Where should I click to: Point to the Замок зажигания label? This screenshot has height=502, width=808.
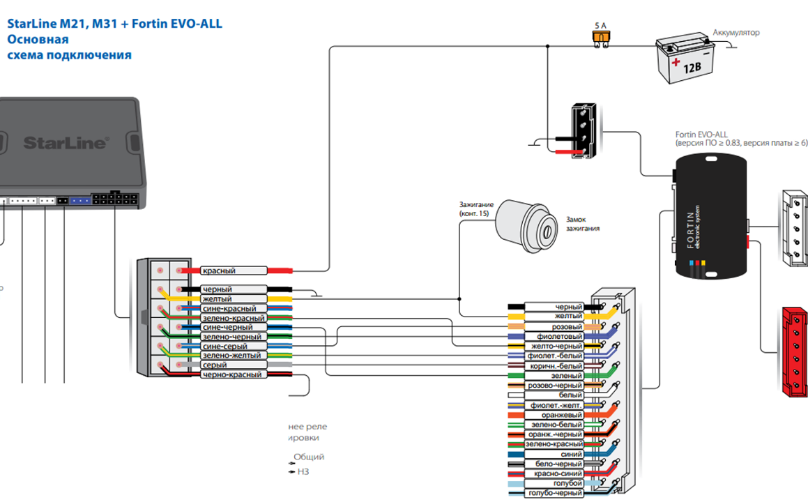pos(583,223)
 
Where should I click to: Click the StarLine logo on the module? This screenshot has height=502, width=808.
pos(66,143)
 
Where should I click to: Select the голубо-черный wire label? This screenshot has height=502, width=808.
pos(554,493)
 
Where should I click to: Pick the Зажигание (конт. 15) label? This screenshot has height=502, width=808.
pos(476,208)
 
